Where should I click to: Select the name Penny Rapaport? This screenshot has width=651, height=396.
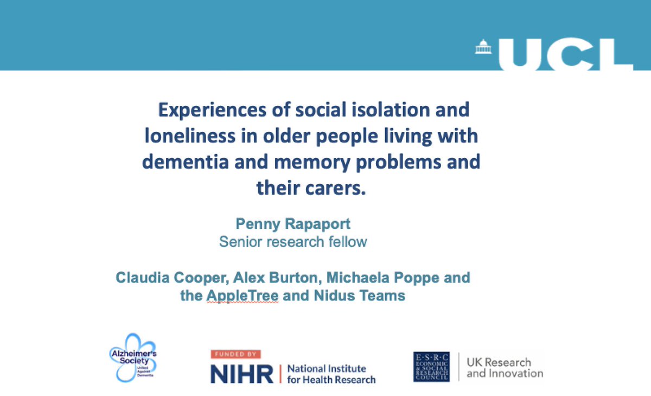[293, 223]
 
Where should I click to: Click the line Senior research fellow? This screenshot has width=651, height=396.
[293, 242]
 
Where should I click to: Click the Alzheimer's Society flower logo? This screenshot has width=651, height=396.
[133, 358]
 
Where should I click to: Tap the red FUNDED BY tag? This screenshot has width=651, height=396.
[235, 354]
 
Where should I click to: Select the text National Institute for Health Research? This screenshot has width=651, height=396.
[331, 374]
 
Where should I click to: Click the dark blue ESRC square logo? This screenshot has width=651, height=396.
[431, 367]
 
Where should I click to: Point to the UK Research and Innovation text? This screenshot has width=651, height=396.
[505, 368]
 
